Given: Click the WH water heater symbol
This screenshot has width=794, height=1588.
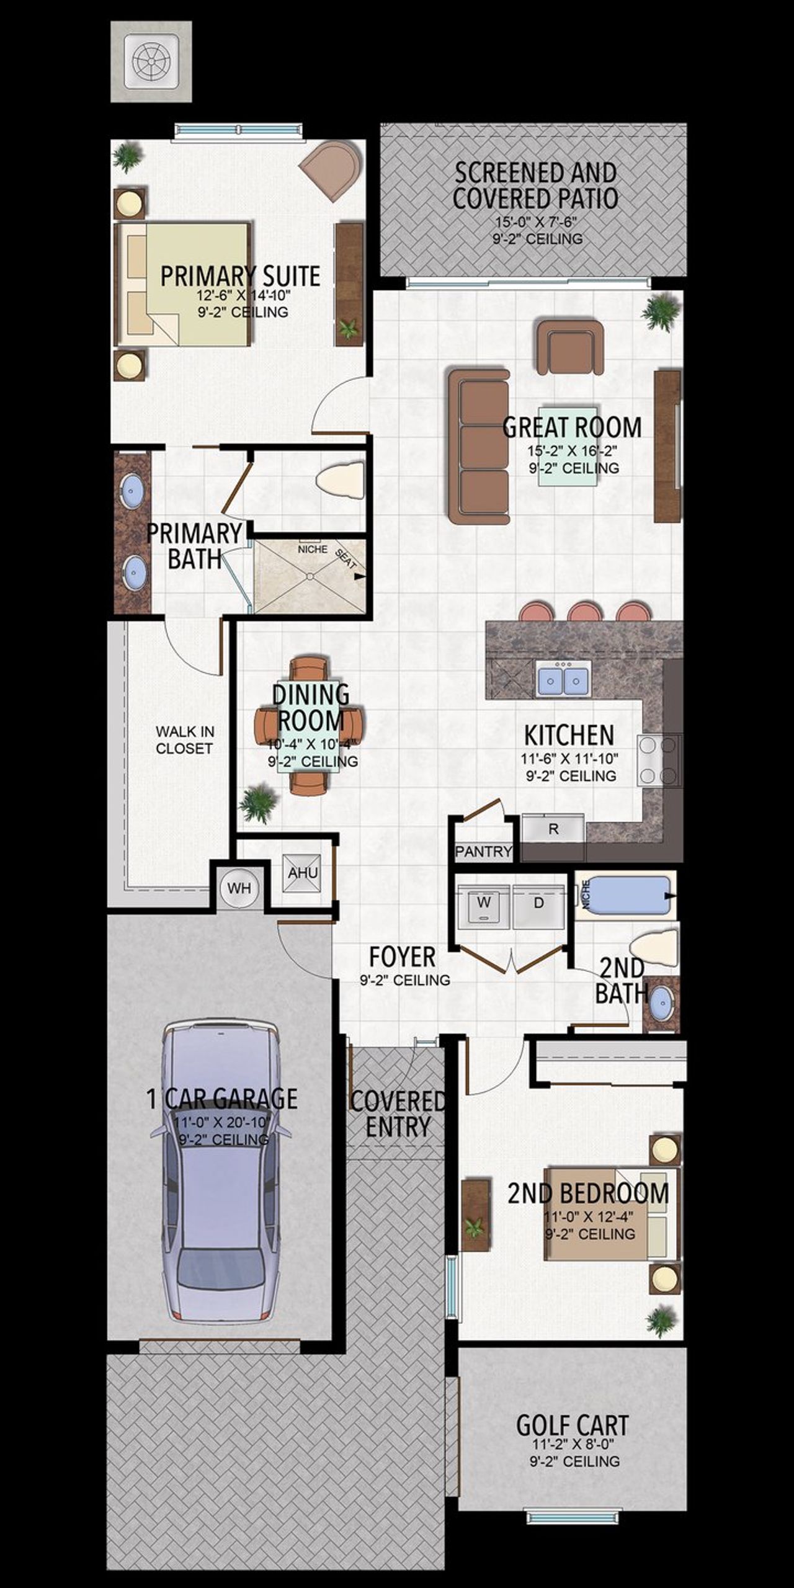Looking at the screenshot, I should click(239, 888).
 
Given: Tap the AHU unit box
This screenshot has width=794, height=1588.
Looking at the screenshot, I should click(303, 873).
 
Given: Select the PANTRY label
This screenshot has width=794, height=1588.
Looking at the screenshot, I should click(483, 851).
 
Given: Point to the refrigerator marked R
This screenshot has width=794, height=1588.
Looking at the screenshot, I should click(553, 829).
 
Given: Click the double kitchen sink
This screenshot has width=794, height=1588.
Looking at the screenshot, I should click(563, 679).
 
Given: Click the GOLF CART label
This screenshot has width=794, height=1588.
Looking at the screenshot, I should click(572, 1425).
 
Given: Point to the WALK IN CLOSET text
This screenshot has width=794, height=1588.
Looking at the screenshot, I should click(184, 740).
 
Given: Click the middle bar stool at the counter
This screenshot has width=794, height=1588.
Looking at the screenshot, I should click(585, 612).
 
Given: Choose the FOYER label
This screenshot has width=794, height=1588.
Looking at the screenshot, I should click(402, 957).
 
